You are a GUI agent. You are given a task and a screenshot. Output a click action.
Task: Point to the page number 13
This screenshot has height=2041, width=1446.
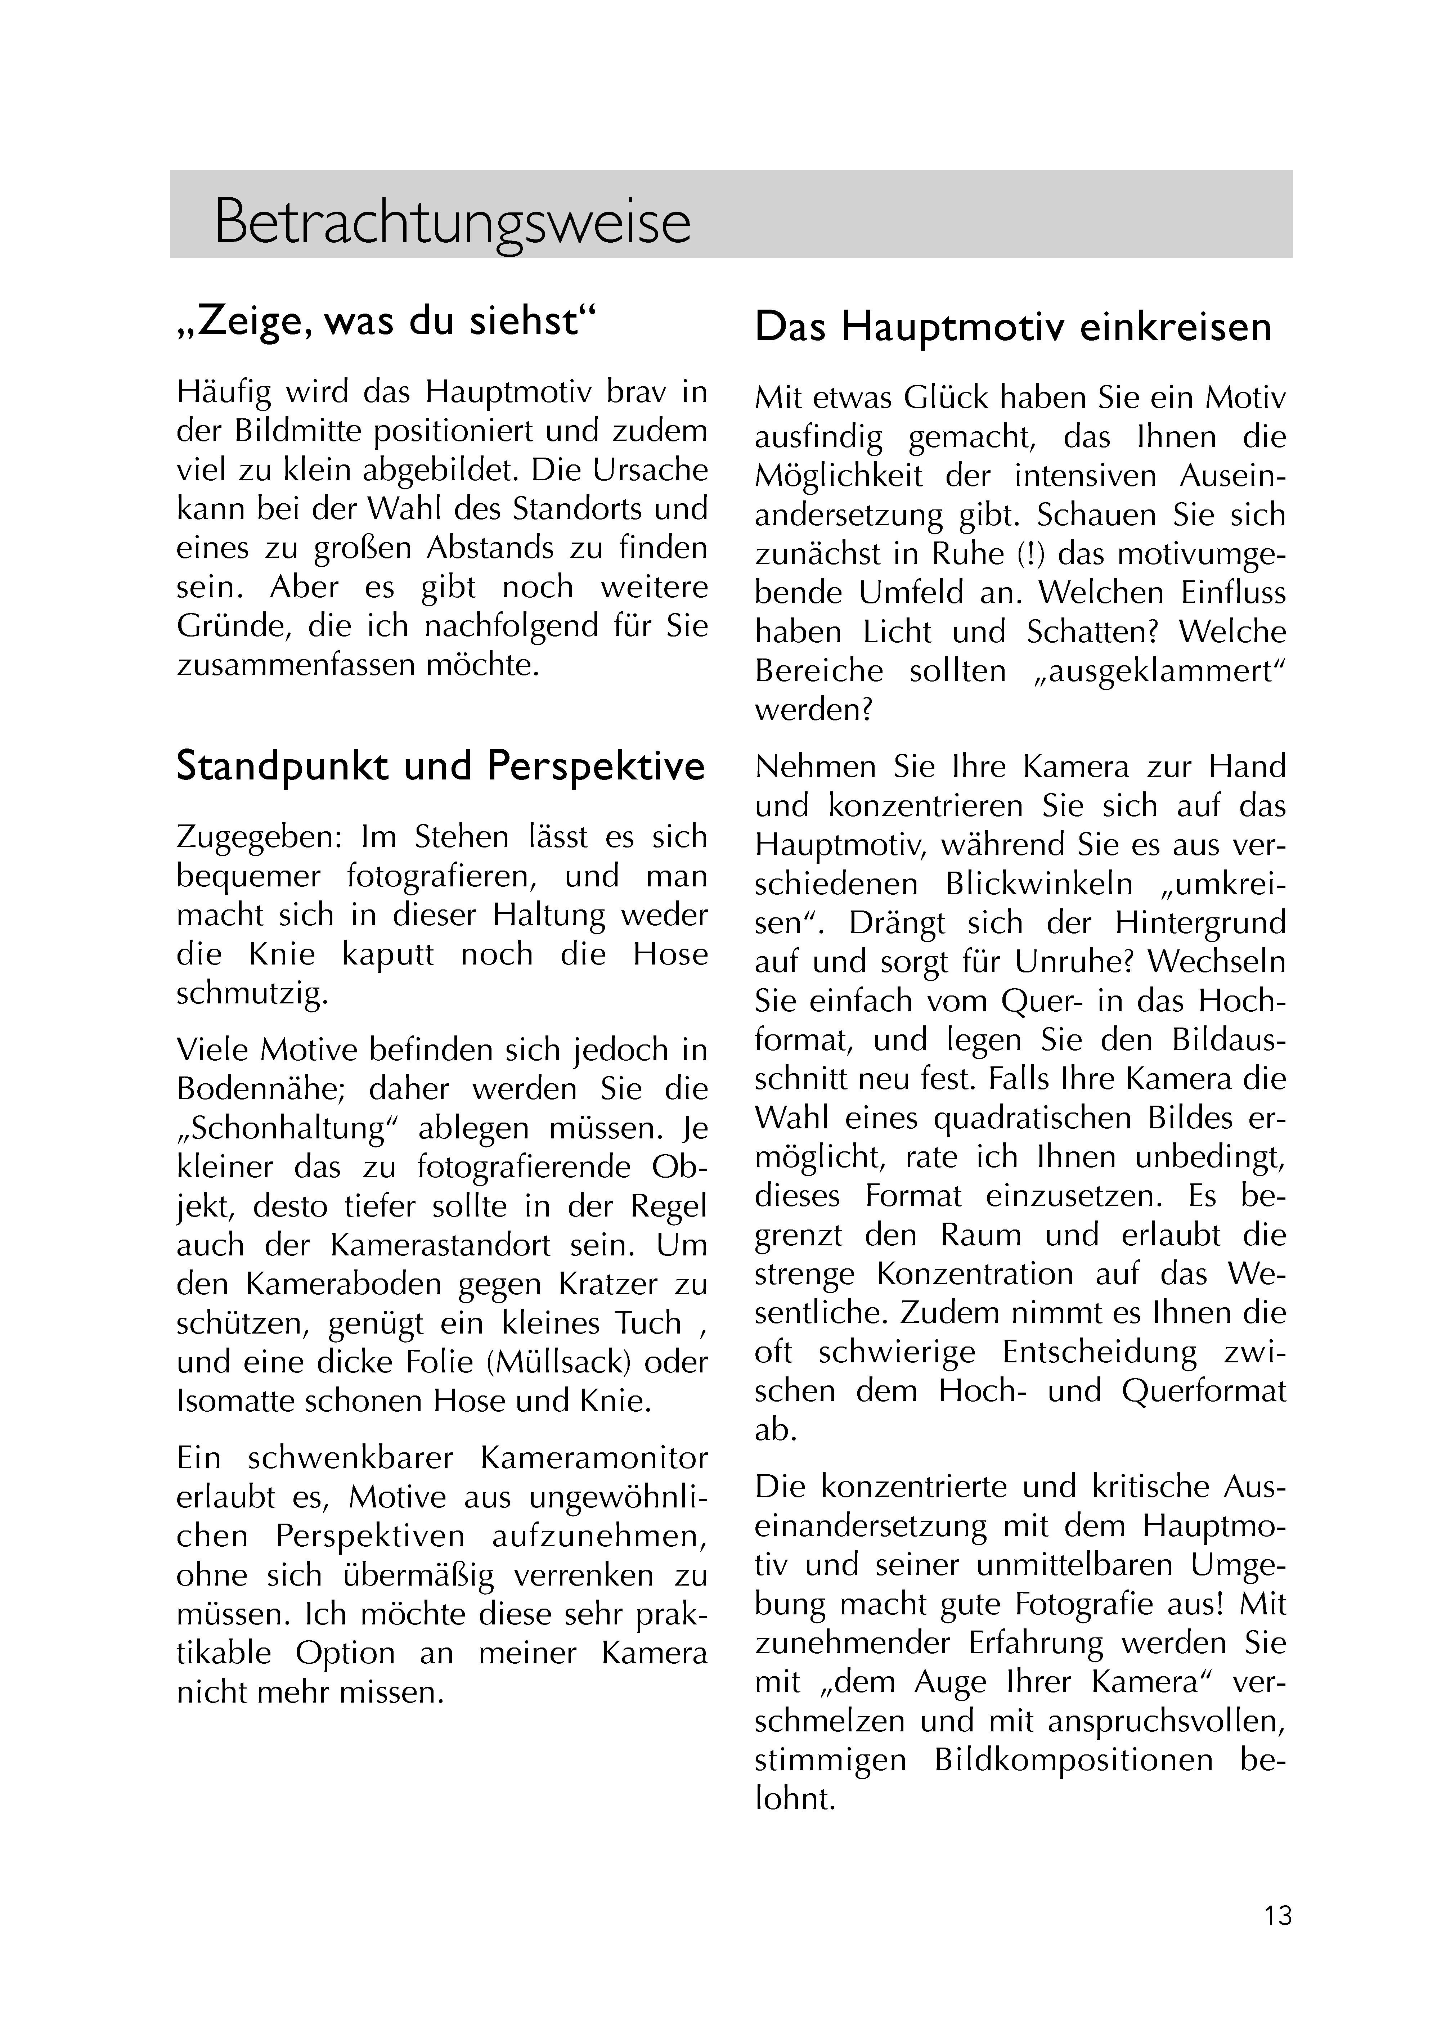click(1277, 1915)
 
